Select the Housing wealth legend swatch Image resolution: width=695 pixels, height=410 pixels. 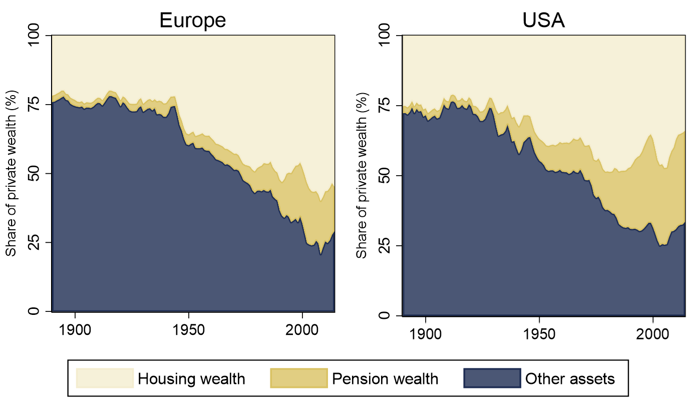[x=105, y=378]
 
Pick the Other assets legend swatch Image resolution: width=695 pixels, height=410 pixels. [x=492, y=378]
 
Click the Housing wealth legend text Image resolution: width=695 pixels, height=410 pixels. [x=192, y=378]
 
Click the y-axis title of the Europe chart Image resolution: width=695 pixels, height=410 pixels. [x=11, y=173]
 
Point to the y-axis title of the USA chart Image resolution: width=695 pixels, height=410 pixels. [x=362, y=176]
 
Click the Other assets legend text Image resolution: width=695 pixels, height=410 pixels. [x=570, y=378]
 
